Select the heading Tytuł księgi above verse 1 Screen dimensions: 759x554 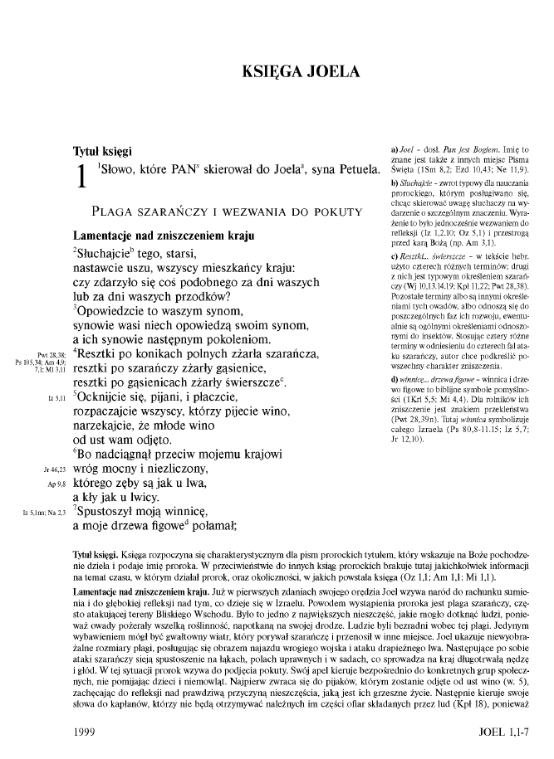pyautogui.click(x=101, y=152)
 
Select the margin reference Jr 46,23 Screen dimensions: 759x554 pyautogui.click(x=44, y=470)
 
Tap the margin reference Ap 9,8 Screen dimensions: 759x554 pyautogui.click(x=47, y=485)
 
